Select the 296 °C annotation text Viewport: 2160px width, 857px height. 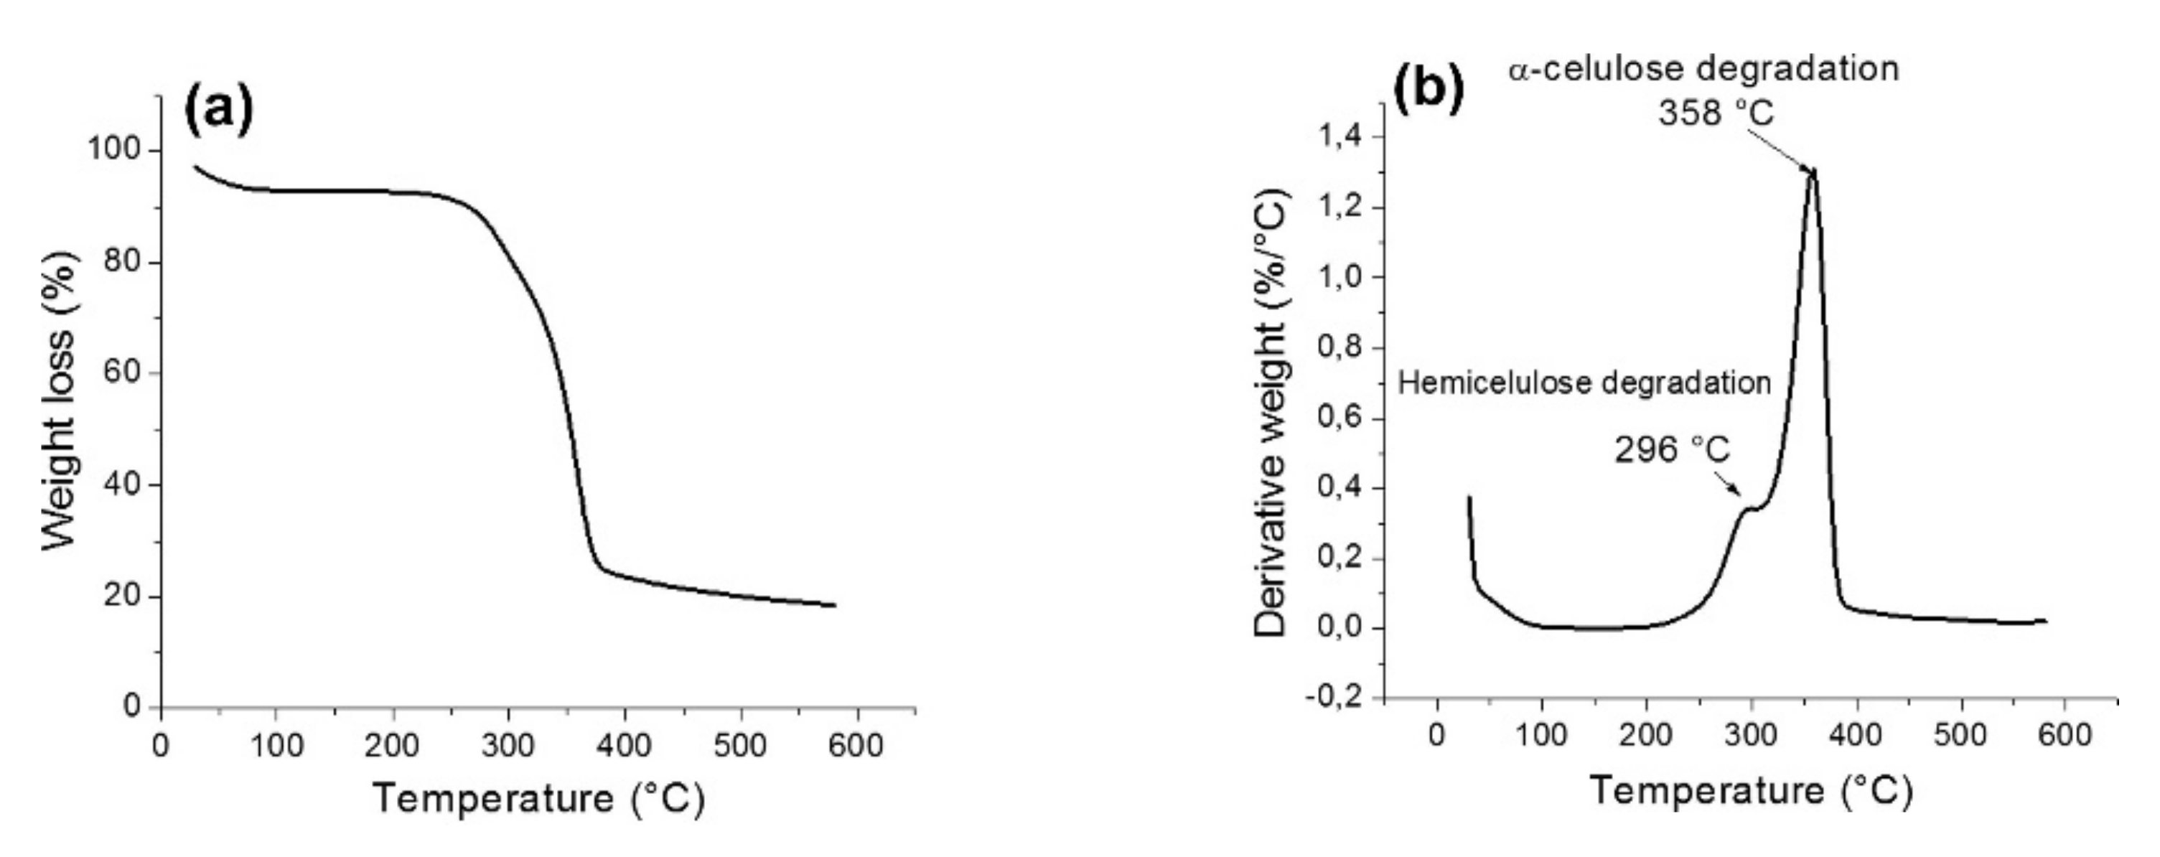click(x=1672, y=450)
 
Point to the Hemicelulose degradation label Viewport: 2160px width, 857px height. click(x=1584, y=383)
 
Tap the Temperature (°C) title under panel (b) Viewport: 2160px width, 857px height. click(x=1751, y=791)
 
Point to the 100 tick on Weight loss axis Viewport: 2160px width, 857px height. click(x=114, y=150)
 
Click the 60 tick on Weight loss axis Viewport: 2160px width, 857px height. click(x=123, y=373)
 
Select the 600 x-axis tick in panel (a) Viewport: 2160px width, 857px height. click(x=856, y=744)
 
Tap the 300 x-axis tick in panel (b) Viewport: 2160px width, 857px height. click(x=1752, y=736)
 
